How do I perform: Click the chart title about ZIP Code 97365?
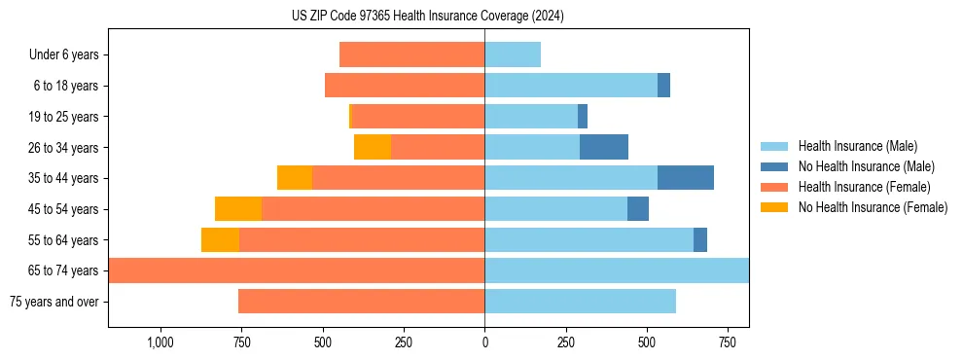coord(428,17)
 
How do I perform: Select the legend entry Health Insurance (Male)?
coord(856,146)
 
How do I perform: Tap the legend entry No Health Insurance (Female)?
coord(873,207)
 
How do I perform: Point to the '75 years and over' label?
coord(53,302)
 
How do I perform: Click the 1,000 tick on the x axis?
coord(160,342)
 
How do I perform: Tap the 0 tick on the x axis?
coord(484,342)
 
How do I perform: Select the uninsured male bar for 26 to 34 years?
coord(604,147)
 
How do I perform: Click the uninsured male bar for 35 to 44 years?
coord(686,178)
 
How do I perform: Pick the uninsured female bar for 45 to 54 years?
coord(238,209)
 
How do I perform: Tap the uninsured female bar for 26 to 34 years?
coord(373,147)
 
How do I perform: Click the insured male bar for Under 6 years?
coord(513,54)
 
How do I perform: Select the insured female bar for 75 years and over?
coord(361,302)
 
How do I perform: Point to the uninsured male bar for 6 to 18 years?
coord(663,86)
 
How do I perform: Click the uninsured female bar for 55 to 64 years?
coord(220,239)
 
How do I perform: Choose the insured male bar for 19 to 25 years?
coord(531,117)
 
